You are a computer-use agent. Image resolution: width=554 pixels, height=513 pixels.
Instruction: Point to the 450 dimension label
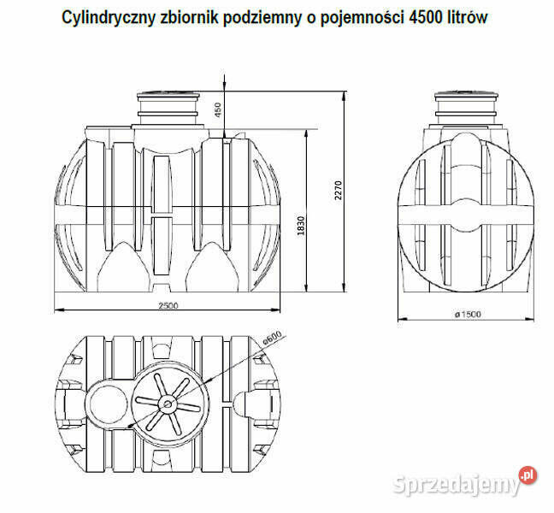coord(217,109)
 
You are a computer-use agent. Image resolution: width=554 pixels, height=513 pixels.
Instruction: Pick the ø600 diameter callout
coord(272,339)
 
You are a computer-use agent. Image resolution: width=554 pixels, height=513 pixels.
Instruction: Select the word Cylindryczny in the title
coord(109,17)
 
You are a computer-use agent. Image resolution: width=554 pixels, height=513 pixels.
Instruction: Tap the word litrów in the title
coord(466,17)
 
